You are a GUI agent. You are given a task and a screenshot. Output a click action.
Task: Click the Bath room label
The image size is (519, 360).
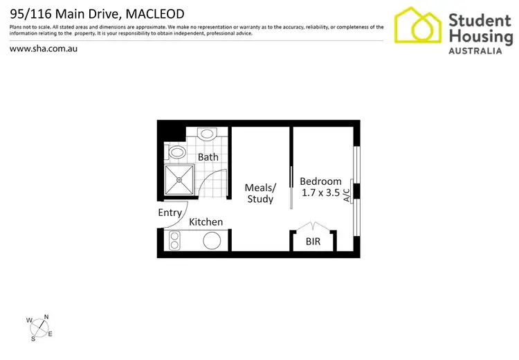point(208,157)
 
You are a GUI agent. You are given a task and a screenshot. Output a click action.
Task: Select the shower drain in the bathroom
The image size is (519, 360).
point(179,180)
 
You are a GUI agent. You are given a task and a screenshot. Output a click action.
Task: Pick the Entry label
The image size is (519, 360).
point(170,213)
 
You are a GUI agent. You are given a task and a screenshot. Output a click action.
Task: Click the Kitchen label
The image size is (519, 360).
point(206,222)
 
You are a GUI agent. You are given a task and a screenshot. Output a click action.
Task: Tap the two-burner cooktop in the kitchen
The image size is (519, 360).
point(174,241)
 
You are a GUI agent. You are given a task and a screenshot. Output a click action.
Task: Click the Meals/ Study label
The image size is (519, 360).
point(260,193)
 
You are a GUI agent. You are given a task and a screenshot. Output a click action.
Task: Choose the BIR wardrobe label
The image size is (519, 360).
point(313,242)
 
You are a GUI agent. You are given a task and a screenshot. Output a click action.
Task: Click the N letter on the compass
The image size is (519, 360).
point(46,317)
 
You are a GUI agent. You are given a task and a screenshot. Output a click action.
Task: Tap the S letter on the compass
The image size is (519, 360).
point(33,339)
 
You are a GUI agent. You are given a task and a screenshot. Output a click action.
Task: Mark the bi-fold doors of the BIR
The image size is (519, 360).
point(313,226)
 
